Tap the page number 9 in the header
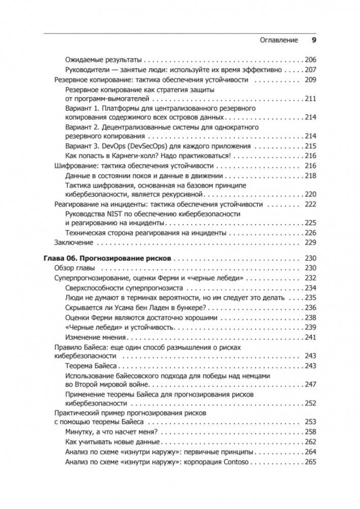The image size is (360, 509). coord(313,40)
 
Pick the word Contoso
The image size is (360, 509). coord(237,462)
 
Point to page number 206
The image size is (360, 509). coord(310,59)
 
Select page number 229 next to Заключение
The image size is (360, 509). coord(310,243)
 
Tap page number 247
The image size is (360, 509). coord(310,385)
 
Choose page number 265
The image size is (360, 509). coord(310,462)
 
